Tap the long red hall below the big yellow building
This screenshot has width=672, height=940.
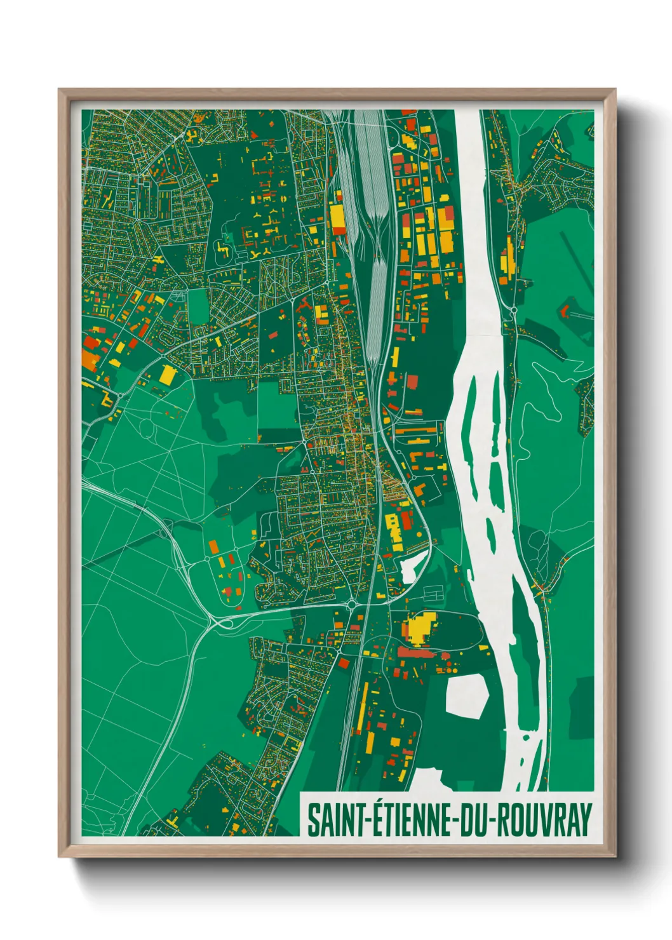(419, 652)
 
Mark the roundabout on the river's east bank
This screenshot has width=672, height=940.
(513, 311)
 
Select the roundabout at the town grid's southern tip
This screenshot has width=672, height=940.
(351, 605)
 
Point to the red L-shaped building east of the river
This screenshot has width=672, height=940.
(563, 311)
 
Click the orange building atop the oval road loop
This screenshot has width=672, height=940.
(213, 547)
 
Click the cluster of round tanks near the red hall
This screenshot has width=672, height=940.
(452, 668)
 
